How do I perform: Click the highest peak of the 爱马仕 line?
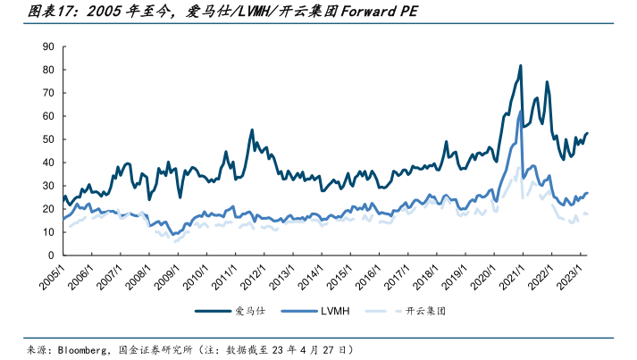coord(520,66)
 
